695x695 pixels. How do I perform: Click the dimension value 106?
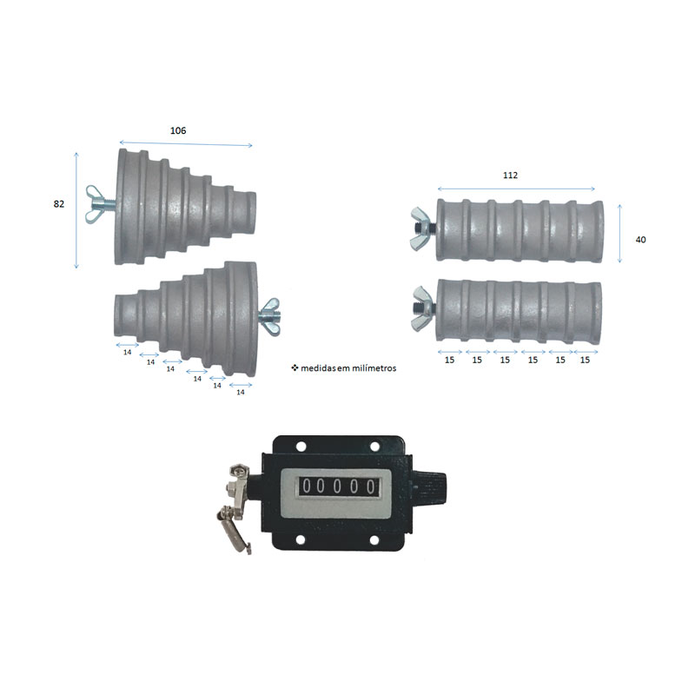pos(177,130)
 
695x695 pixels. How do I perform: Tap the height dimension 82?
pos(59,204)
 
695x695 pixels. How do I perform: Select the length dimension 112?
pos(510,175)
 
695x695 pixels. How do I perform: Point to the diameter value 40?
pos(640,239)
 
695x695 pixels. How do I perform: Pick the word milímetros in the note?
pos(376,368)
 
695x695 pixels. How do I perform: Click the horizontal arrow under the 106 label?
pos(186,145)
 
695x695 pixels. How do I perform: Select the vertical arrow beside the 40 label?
pos(619,234)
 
